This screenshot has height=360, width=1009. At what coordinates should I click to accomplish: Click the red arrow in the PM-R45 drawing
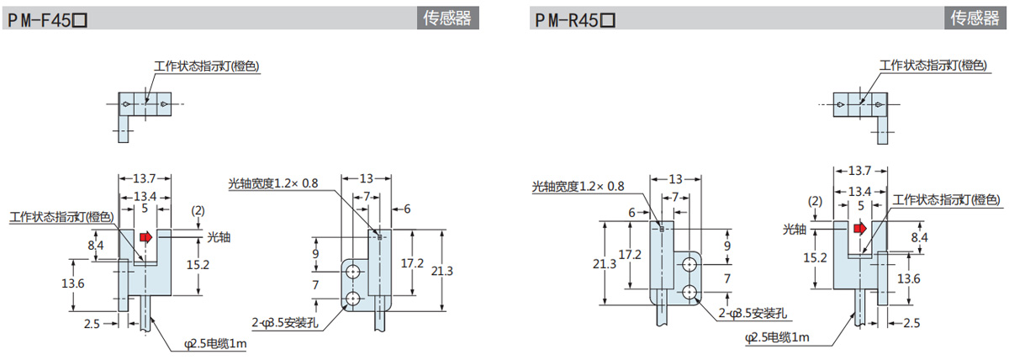click(x=859, y=228)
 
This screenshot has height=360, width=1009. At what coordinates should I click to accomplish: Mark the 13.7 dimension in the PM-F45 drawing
click(x=145, y=178)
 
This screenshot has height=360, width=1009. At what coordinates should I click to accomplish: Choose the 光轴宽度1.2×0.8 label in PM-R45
click(x=578, y=186)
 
